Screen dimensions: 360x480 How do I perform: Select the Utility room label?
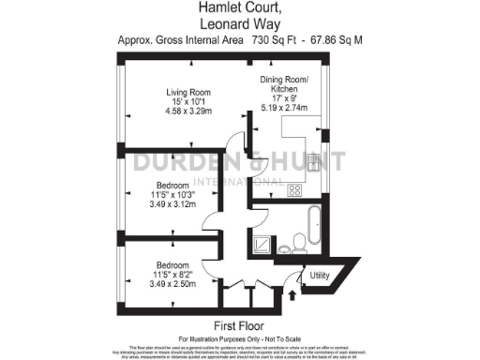coord(320,276)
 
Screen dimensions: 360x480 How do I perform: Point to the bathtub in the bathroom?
coord(311,221)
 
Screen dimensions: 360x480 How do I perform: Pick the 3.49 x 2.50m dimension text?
coord(172,283)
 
